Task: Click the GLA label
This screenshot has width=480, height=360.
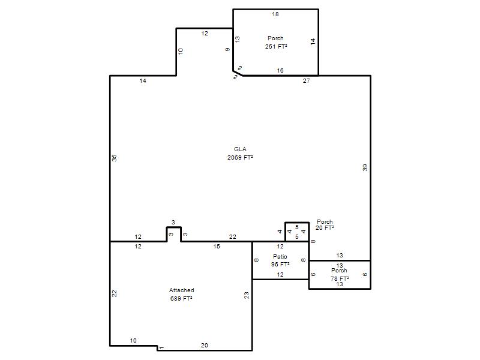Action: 240,149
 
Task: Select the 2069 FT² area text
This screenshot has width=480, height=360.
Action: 240,157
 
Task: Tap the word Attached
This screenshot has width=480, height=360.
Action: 182,290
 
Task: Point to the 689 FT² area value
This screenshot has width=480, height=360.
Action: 181,298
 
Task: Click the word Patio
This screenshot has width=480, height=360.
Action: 280,256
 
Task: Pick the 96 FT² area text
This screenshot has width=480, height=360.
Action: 280,264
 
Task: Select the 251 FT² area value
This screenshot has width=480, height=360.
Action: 276,46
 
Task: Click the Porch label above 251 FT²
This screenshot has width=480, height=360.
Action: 275,38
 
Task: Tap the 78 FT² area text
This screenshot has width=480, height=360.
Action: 340,278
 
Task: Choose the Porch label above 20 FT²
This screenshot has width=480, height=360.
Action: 325,221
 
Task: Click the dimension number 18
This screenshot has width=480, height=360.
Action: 275,14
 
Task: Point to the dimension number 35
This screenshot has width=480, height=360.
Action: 114,158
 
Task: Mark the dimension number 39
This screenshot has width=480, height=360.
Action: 365,167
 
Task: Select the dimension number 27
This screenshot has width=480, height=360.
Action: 307,81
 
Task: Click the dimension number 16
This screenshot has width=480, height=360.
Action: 280,70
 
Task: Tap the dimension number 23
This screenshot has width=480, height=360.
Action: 247,295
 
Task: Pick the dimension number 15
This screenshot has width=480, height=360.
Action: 217,247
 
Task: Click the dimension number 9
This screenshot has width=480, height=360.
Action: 227,49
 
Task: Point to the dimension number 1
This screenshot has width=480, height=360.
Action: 162,347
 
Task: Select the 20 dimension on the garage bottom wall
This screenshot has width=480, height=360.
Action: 205,346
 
